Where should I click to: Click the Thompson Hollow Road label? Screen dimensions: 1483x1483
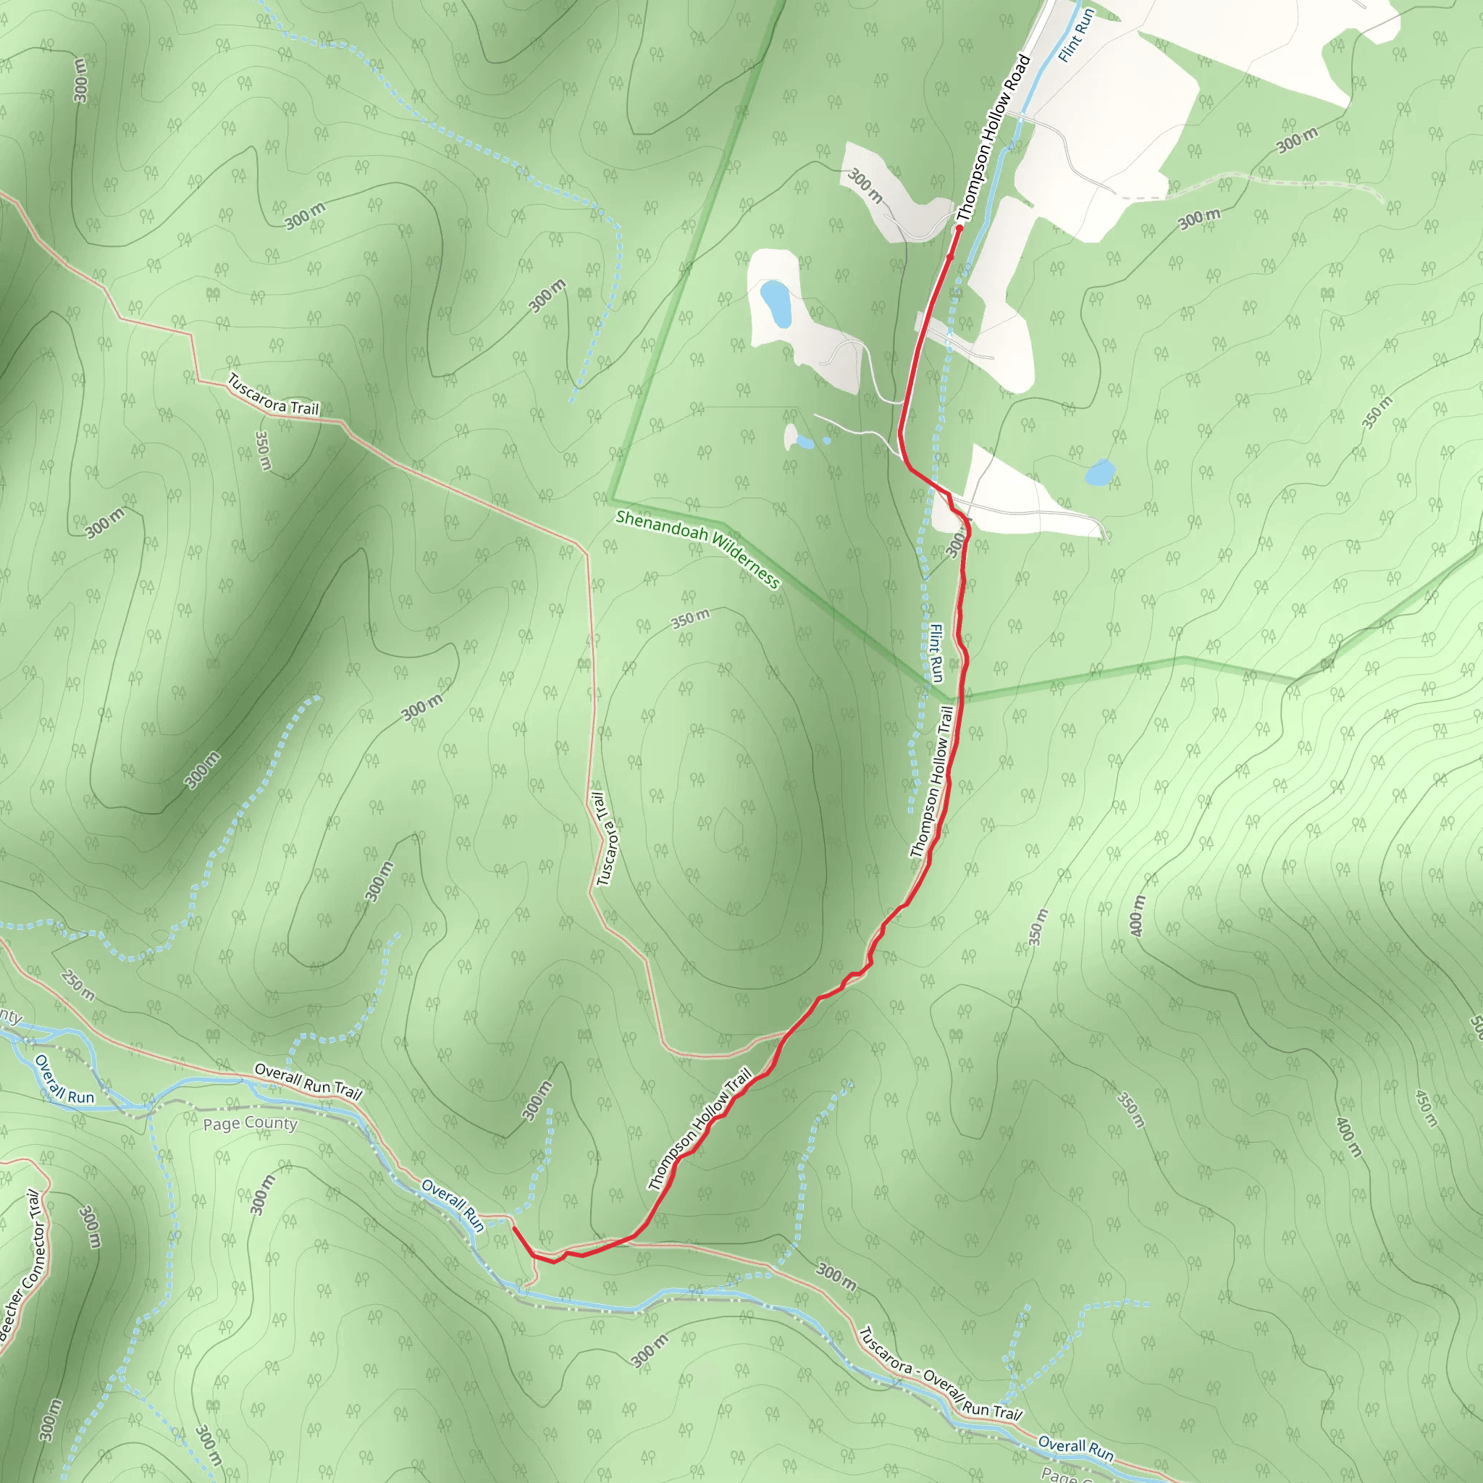[x=993, y=138]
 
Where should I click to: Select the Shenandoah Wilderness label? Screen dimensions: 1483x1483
[x=697, y=550]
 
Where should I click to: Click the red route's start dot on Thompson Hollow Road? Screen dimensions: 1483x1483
[x=959, y=228]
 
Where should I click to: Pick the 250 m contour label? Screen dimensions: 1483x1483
[x=77, y=986]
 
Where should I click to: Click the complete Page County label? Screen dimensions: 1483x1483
[x=250, y=1124]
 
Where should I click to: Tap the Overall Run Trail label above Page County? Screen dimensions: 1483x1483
[x=307, y=1082]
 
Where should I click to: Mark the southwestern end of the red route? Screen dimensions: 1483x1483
[x=513, y=1227]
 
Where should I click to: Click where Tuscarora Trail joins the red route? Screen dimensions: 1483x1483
[x=784, y=1035]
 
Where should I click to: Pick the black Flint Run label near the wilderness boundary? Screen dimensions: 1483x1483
[x=936, y=652]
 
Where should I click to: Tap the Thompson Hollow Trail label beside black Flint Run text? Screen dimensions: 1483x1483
[x=932, y=783]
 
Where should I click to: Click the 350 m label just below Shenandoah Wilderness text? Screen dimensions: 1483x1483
[x=691, y=618]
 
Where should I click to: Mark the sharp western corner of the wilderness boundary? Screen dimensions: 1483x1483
[x=613, y=497]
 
